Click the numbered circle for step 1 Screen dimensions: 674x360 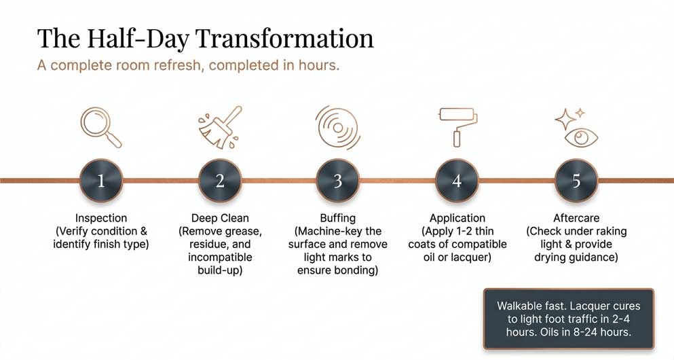(101, 180)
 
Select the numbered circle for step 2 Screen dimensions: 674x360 (220, 180)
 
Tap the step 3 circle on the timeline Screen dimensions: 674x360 (338, 180)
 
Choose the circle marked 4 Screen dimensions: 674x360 (457, 180)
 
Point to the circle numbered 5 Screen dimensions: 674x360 (576, 180)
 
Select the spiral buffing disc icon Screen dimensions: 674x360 (338, 128)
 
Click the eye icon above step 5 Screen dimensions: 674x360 (581, 137)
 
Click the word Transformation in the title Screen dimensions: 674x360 (285, 38)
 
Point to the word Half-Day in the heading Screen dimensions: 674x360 (138, 39)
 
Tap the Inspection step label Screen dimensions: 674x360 (101, 218)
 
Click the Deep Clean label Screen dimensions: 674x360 (220, 218)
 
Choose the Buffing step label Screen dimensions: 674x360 (338, 218)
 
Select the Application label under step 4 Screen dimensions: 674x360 (457, 218)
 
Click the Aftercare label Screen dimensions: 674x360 (576, 218)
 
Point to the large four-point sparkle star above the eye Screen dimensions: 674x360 (565, 119)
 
